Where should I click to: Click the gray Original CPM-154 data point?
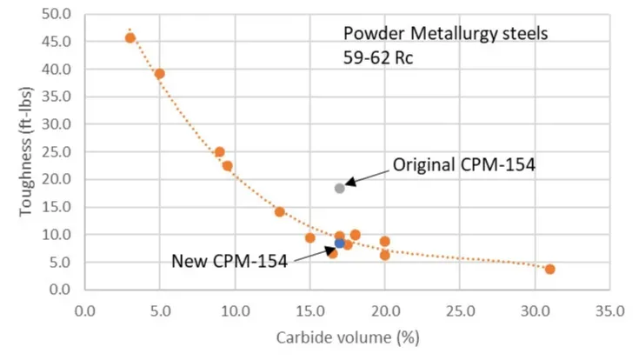(x=340, y=188)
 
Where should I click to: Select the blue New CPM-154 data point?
(x=340, y=243)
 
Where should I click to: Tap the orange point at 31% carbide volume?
(x=549, y=269)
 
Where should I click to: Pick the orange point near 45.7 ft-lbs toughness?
(x=130, y=37)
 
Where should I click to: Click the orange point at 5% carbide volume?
(x=160, y=74)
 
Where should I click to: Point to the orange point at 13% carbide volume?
(x=280, y=211)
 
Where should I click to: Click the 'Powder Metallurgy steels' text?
(x=446, y=35)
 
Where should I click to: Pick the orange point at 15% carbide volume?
(x=310, y=237)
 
